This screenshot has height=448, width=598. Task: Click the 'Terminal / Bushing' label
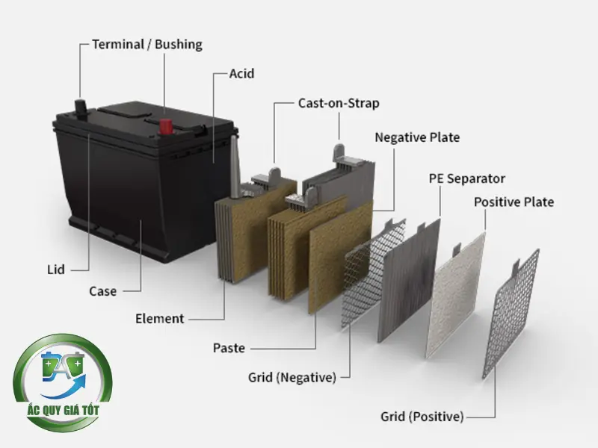[147, 44]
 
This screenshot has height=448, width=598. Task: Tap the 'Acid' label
[241, 73]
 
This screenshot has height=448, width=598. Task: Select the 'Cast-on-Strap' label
[338, 103]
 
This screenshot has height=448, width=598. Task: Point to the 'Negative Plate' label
[417, 137]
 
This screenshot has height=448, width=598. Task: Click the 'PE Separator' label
[466, 178]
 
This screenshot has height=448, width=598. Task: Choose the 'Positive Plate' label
[514, 202]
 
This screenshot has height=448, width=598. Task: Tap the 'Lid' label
[52, 268]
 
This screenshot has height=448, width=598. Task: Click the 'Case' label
[102, 290]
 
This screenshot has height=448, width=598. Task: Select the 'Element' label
[159, 319]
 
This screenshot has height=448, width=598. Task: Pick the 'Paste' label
[229, 348]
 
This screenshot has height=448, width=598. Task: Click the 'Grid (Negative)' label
[292, 377]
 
